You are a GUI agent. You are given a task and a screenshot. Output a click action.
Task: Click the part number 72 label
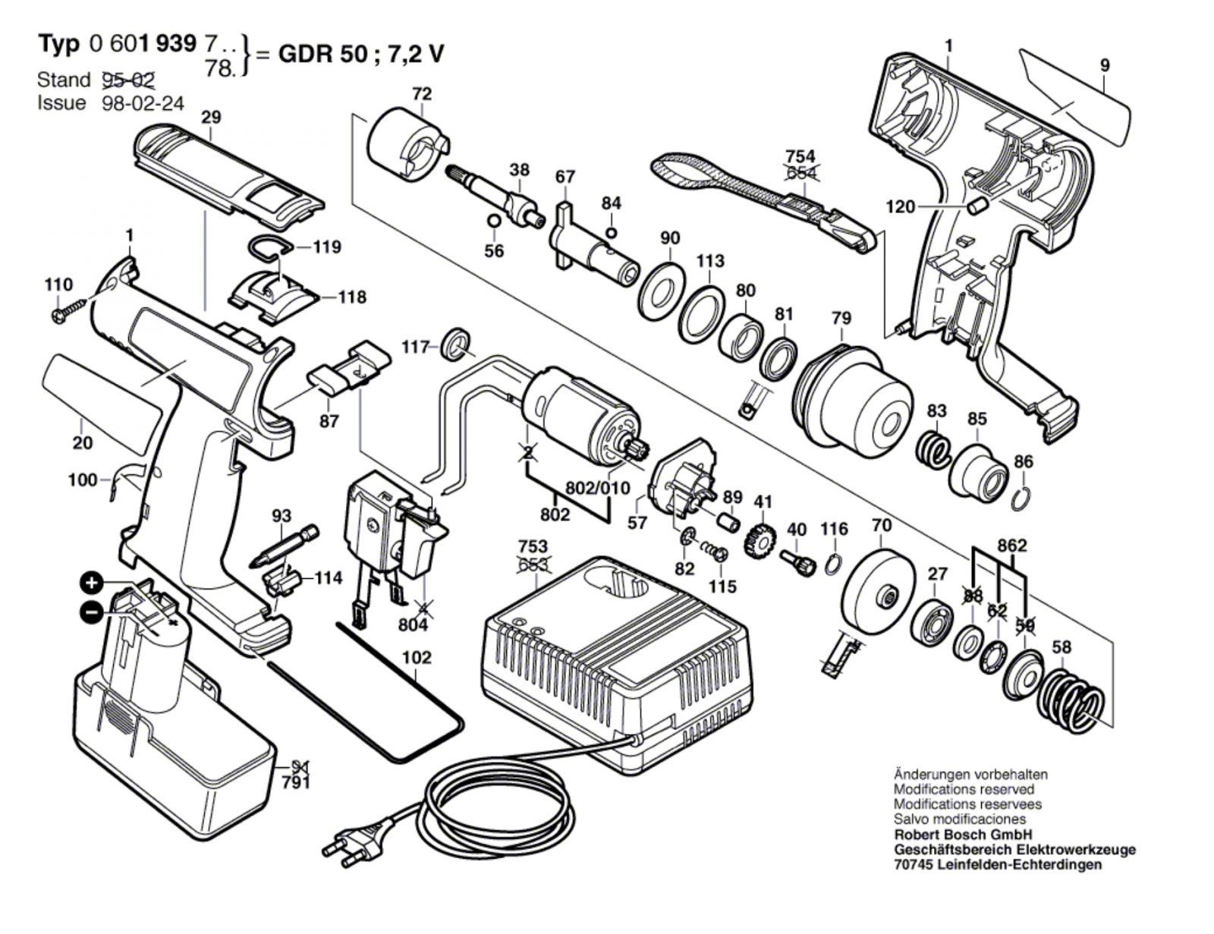[422, 94]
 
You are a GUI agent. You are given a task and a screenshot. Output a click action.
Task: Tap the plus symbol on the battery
[91, 583]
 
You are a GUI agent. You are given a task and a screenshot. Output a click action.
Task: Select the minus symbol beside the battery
[91, 611]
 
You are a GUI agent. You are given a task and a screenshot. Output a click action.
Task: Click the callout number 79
[841, 318]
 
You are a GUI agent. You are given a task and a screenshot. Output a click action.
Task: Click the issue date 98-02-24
[143, 102]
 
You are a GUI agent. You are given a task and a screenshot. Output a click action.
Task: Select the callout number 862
[1012, 546]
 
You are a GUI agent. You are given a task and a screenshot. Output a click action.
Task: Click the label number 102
[417, 658]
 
